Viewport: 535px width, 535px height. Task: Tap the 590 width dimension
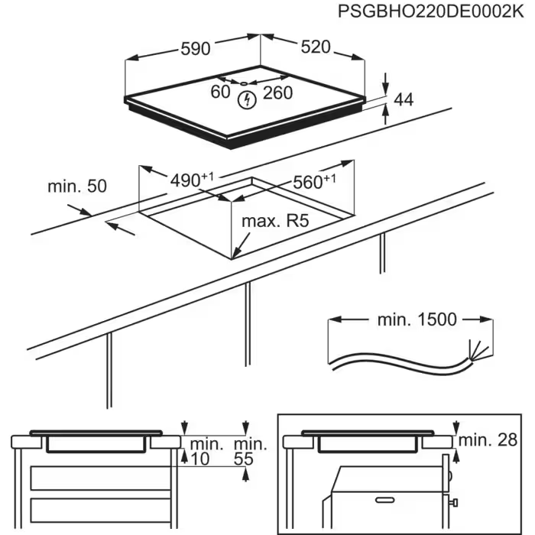[195, 48]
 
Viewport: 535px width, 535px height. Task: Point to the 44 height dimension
[403, 99]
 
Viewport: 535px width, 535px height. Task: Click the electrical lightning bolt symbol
[246, 99]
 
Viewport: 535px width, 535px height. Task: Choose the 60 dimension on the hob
[220, 92]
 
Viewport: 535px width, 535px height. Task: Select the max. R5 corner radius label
[274, 221]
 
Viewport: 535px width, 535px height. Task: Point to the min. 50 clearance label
[77, 186]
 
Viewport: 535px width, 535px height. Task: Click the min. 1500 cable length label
[417, 319]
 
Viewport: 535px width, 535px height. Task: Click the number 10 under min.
[201, 459]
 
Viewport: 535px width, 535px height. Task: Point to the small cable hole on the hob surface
[242, 83]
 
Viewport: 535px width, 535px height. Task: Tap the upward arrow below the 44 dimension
[385, 114]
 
